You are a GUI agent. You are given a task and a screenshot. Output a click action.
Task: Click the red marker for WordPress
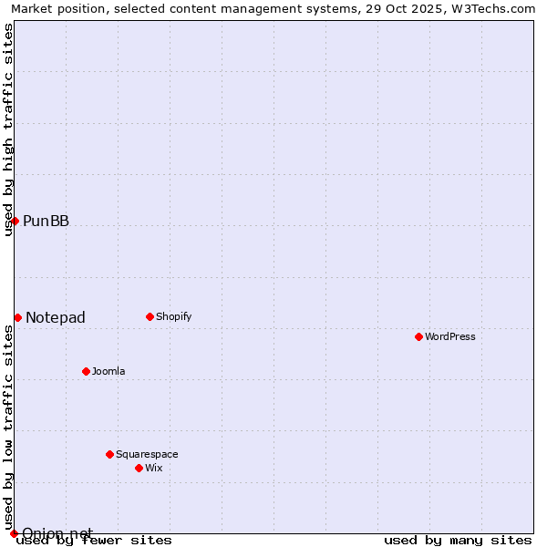418,336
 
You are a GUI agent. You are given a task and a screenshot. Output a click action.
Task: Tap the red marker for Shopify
150,316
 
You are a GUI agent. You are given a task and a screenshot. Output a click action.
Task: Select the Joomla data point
86,371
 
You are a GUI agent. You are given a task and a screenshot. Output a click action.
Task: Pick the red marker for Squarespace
109,454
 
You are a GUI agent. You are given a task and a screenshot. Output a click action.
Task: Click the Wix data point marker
139,468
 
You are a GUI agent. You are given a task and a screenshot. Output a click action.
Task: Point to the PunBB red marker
15,221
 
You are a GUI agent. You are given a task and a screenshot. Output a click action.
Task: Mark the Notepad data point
17,317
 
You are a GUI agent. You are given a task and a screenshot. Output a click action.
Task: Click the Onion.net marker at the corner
14,533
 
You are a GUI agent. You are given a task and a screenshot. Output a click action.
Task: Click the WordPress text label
450,336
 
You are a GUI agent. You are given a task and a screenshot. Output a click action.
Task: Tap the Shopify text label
173,316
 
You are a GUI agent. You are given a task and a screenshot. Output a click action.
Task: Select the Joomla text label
108,371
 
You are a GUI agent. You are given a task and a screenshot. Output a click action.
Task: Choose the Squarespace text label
147,454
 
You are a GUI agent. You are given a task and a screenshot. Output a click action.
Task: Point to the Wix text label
153,468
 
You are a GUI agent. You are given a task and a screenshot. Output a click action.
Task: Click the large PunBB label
46,221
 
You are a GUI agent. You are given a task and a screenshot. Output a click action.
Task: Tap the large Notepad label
56,317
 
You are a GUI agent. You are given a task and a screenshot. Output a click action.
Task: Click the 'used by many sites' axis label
458,541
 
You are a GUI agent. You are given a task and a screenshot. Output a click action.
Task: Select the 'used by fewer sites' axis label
95,541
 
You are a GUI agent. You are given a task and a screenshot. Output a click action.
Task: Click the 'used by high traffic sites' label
8,129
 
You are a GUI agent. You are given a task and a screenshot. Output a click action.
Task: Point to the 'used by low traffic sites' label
8,428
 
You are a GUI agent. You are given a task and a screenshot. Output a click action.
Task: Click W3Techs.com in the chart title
500,8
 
